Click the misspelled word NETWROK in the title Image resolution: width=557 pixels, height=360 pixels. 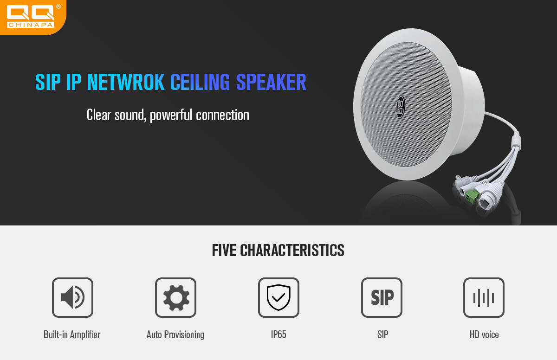[x=126, y=82]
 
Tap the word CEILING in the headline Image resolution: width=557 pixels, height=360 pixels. [x=200, y=82]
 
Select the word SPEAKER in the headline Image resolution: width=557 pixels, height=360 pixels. [x=271, y=82]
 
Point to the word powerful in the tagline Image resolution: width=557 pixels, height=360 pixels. [x=171, y=115]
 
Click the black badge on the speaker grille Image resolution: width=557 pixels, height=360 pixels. [x=401, y=107]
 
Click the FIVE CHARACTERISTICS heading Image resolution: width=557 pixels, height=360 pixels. [x=278, y=250]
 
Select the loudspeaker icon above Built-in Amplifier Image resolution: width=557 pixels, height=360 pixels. [x=72, y=297]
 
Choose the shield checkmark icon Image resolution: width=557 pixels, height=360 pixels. [x=278, y=297]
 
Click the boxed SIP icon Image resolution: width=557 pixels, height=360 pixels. [x=382, y=297]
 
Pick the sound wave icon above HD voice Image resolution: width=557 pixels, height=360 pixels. [x=484, y=297]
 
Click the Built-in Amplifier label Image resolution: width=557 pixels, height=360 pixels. [x=72, y=334]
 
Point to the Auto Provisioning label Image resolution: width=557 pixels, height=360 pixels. [x=175, y=335]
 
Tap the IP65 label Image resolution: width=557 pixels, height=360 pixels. [x=278, y=334]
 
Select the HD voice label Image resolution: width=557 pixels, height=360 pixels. [x=484, y=334]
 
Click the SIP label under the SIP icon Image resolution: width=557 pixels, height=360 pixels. [x=382, y=334]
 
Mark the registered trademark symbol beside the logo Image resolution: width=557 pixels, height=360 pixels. [x=58, y=6]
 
